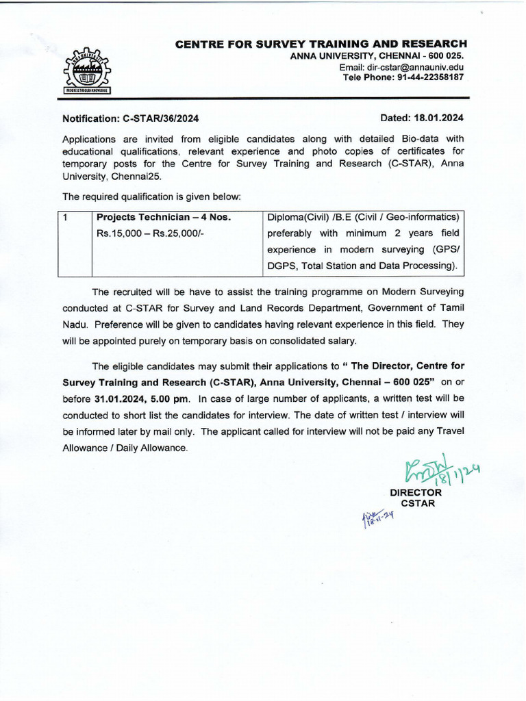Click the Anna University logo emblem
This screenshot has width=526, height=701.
coord(86,71)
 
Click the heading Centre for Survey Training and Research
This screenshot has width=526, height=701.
coord(321,44)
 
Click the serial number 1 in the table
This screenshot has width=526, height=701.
coord(64,218)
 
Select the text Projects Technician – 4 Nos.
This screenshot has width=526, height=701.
coord(164,218)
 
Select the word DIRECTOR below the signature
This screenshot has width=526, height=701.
coord(416,492)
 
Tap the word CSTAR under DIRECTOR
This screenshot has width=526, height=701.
coord(417,503)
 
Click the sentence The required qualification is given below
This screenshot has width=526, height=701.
coord(151,196)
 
